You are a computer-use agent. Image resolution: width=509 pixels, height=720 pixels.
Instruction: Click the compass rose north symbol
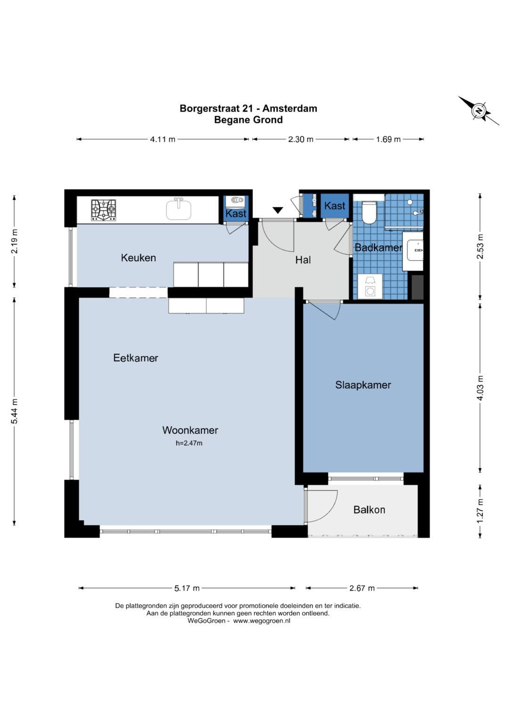(479, 111)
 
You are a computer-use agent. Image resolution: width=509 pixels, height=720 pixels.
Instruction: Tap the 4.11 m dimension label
(163, 140)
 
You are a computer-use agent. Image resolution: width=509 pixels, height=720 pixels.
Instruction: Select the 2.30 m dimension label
(301, 140)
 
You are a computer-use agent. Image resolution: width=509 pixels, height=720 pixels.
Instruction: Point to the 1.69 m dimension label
(388, 140)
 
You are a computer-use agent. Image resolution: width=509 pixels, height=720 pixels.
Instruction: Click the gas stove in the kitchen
(104, 210)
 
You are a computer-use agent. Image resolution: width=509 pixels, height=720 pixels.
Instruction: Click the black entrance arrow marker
(278, 211)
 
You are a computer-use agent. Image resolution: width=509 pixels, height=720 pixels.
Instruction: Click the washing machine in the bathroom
(370, 287)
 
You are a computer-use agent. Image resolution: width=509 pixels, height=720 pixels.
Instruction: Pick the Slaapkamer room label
(363, 385)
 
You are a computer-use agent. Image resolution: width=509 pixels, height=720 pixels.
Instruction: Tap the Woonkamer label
(190, 430)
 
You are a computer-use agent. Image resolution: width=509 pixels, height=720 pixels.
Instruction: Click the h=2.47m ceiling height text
(189, 443)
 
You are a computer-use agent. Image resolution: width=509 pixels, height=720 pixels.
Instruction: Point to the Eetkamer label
(136, 358)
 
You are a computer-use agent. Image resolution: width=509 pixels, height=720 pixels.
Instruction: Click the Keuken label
(139, 258)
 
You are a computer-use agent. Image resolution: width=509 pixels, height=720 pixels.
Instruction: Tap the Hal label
(303, 260)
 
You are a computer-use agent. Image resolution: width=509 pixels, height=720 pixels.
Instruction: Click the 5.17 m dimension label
(187, 588)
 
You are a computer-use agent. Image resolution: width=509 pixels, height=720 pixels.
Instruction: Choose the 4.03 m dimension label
(480, 388)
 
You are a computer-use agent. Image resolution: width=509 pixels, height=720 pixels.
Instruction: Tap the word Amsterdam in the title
(290, 108)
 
